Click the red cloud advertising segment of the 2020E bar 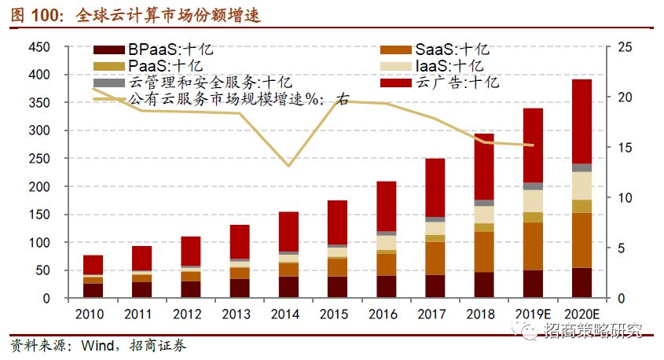581,121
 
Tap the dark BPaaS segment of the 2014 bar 288,287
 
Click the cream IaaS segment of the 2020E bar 581,186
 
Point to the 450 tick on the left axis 39,47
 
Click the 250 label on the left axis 39,159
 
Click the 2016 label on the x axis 386,314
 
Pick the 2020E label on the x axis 581,314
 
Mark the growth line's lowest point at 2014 288,165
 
